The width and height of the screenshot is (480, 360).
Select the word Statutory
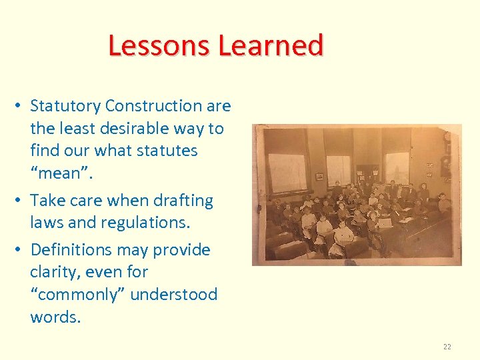point(65,106)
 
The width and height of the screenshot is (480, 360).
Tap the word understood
point(173,295)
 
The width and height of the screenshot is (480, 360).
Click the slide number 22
point(447,347)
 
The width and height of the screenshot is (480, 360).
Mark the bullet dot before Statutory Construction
point(22,106)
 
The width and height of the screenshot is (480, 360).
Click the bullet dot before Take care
point(22,201)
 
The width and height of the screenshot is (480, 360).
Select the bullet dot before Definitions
point(22,250)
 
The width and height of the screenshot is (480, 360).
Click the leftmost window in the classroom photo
point(287,171)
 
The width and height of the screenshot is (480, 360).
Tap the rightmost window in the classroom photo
point(397,167)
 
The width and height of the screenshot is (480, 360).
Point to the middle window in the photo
point(339,170)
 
